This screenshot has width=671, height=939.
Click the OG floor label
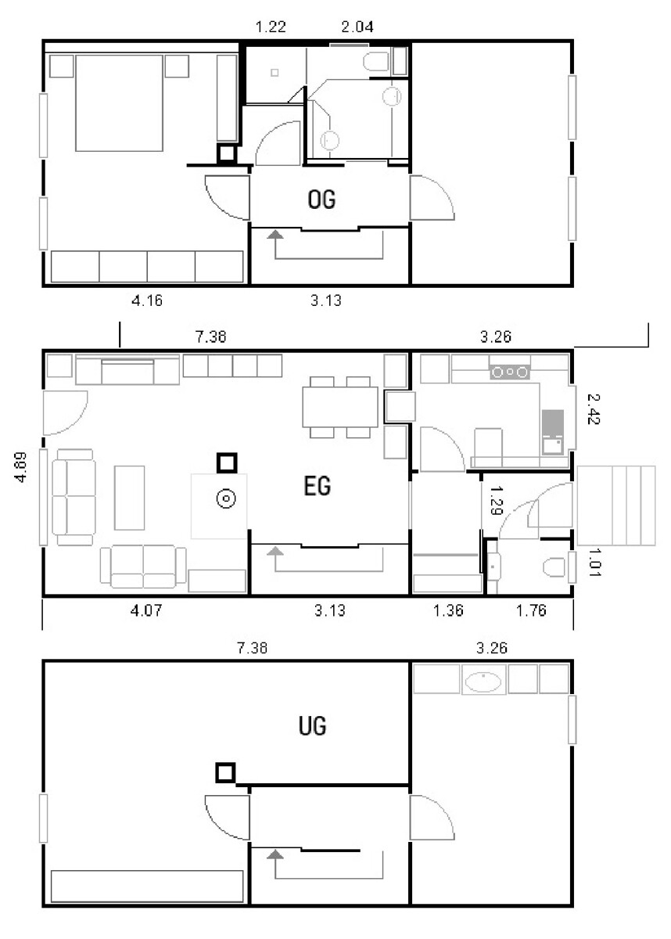[321, 200]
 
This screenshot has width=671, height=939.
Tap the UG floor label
[312, 727]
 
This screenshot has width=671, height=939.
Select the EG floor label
[318, 487]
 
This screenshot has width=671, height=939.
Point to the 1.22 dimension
[271, 27]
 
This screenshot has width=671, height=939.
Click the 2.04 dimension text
[357, 27]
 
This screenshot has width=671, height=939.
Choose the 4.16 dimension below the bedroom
[147, 300]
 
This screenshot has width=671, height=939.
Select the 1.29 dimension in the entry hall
[495, 498]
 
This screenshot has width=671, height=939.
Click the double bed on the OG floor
[119, 102]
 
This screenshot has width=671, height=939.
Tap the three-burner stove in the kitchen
[509, 372]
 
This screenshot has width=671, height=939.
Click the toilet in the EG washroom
[554, 566]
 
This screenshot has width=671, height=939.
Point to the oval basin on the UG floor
[485, 681]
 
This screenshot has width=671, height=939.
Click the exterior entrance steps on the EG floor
[615, 505]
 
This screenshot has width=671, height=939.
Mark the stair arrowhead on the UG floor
[274, 854]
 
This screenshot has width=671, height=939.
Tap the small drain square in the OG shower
[274, 73]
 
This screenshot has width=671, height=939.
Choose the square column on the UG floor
[225, 773]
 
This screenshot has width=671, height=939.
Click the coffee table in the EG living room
[130, 498]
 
